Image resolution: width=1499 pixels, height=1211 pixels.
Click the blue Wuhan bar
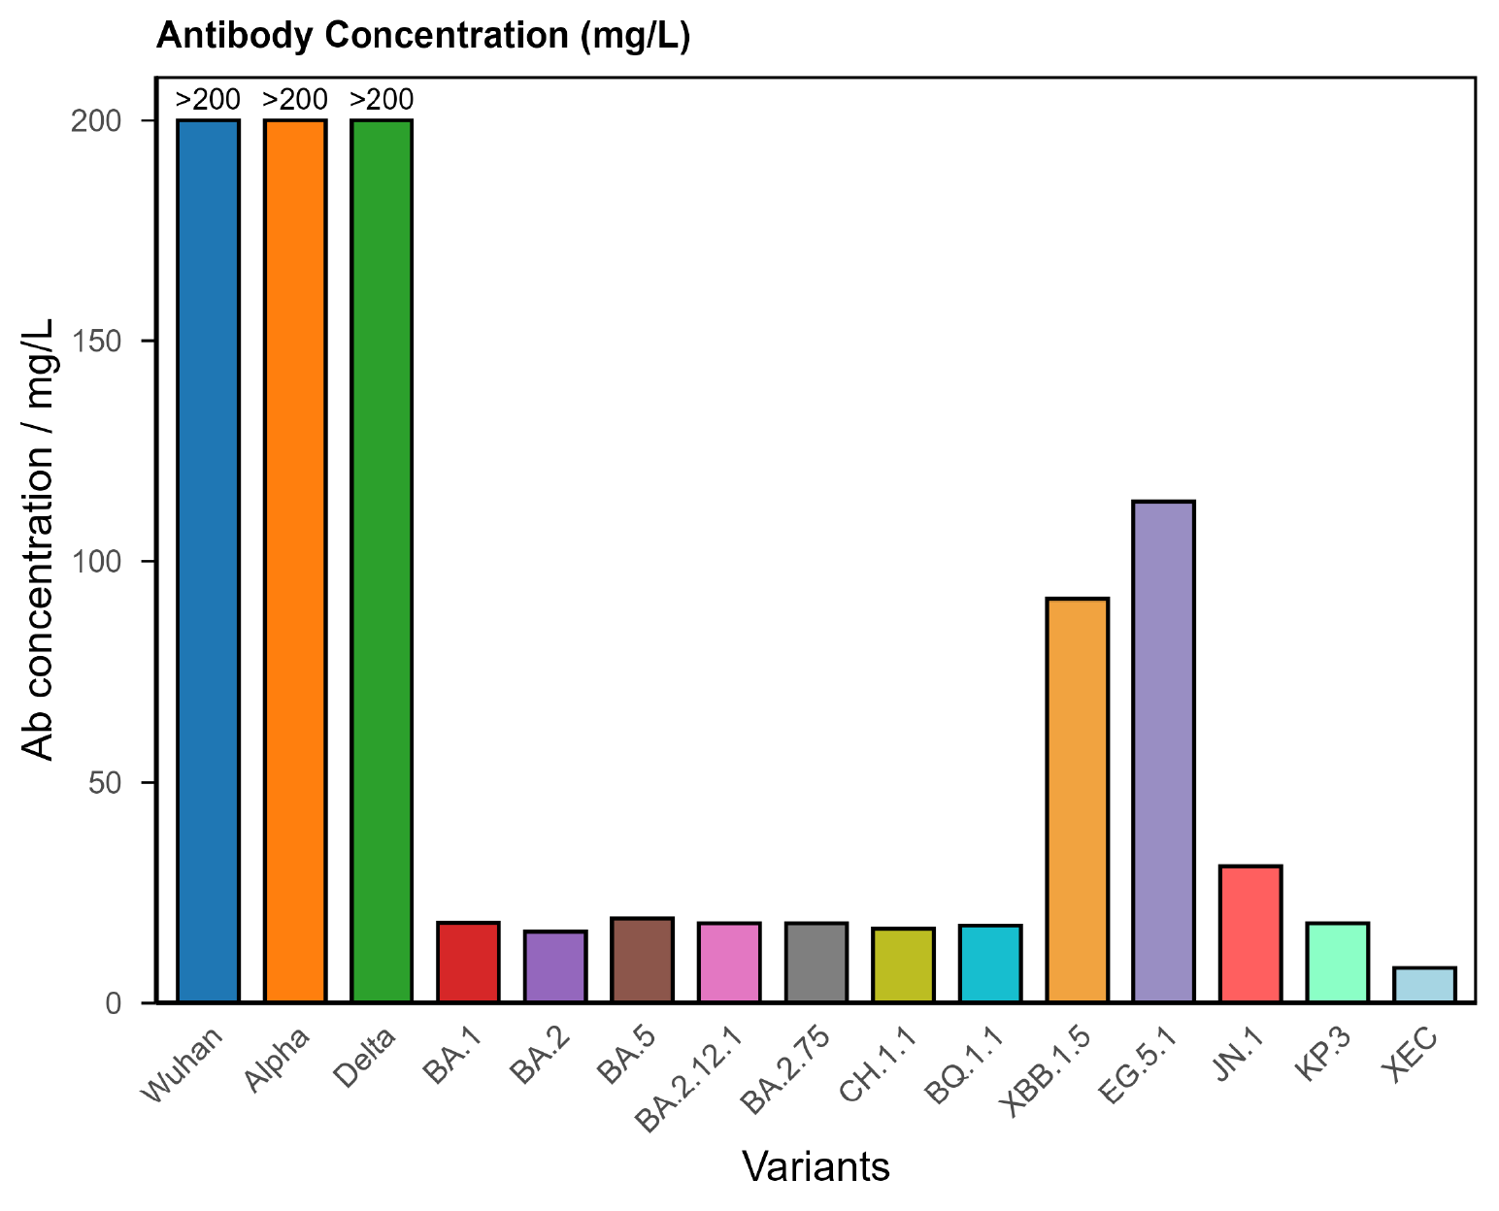pyautogui.click(x=208, y=561)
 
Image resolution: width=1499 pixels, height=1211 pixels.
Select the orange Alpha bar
pyautogui.click(x=295, y=561)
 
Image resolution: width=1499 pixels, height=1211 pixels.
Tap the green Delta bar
pyautogui.click(x=382, y=561)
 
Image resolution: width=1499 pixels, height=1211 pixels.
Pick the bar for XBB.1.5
pyautogui.click(x=1077, y=801)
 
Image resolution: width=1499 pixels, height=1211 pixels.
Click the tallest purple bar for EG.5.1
pyautogui.click(x=1164, y=752)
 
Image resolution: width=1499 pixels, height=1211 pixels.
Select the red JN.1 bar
pyautogui.click(x=1250, y=933)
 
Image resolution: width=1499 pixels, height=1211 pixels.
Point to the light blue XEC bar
pyautogui.click(x=1424, y=985)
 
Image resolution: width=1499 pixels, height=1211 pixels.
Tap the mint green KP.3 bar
pyautogui.click(x=1338, y=963)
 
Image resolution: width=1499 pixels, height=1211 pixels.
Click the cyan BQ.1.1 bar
pyautogui.click(x=990, y=964)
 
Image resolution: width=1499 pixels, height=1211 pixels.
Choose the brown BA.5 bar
pyautogui.click(x=643, y=960)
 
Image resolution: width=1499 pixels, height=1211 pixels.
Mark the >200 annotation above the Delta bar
pyautogui.click(x=382, y=100)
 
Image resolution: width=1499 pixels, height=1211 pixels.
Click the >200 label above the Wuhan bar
pyautogui.click(x=208, y=100)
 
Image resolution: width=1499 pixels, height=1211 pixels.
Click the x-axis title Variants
pyautogui.click(x=816, y=1167)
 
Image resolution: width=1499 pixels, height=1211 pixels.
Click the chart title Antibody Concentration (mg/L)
pyautogui.click(x=423, y=36)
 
